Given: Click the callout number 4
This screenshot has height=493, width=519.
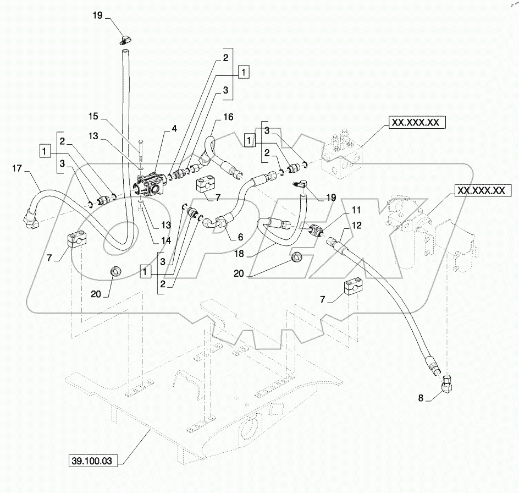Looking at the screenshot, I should point(174,129).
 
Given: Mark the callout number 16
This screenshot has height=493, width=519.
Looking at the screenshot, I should point(228,117).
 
